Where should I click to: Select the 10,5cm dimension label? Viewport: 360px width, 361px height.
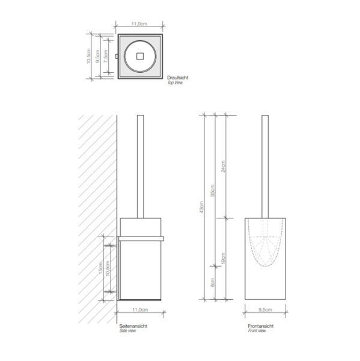[x=88, y=57]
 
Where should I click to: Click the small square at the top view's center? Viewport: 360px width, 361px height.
[x=139, y=57]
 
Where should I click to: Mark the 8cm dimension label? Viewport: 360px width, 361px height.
[x=215, y=282]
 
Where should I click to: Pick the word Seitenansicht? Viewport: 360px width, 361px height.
[x=133, y=326]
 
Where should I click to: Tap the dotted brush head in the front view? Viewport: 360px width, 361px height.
[x=265, y=247]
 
